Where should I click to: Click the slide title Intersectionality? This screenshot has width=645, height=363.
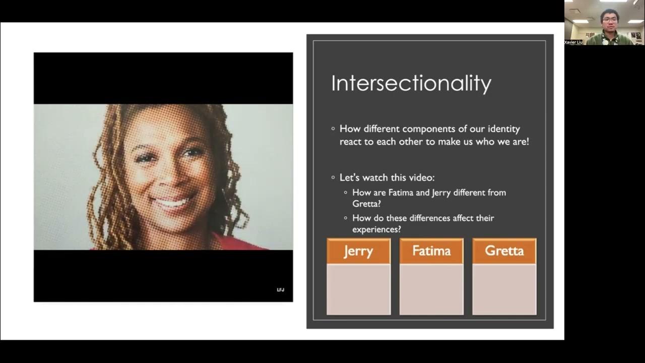click(411, 83)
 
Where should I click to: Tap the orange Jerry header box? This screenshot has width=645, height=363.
click(358, 251)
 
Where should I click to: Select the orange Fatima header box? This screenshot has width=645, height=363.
click(431, 251)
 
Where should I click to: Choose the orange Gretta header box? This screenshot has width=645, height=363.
click(504, 251)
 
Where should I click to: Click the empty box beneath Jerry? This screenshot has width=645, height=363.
click(358, 289)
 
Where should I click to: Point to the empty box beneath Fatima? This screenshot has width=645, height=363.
click(431, 289)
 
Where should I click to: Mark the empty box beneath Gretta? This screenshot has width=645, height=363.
click(504, 289)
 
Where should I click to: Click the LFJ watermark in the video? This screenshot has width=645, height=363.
click(281, 290)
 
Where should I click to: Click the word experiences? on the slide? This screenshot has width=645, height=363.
click(376, 229)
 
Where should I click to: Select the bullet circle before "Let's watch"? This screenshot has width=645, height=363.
click(333, 177)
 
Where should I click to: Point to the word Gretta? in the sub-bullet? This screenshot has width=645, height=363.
click(366, 204)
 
